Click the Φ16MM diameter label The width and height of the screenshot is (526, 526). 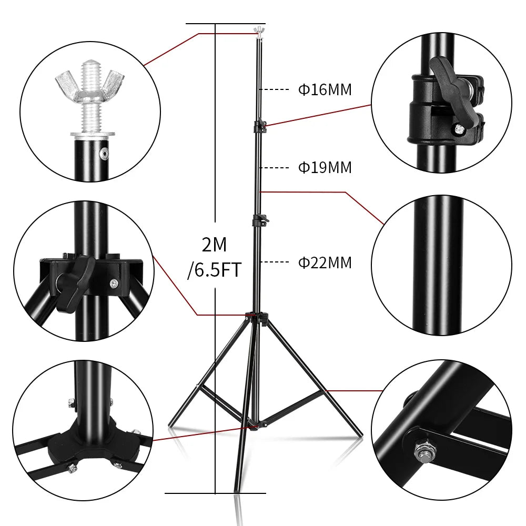coord(325,89)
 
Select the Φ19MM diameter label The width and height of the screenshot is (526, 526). coord(325,168)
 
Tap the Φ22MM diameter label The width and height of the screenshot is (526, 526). coord(325,262)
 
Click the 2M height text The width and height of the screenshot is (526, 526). coord(215,245)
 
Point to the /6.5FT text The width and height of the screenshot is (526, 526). coord(214,270)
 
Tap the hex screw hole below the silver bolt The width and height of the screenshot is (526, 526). coord(105,154)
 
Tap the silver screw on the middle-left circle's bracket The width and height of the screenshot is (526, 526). coord(114,284)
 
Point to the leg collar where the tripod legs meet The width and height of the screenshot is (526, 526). coord(257,317)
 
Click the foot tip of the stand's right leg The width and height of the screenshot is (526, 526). coord(360,434)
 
